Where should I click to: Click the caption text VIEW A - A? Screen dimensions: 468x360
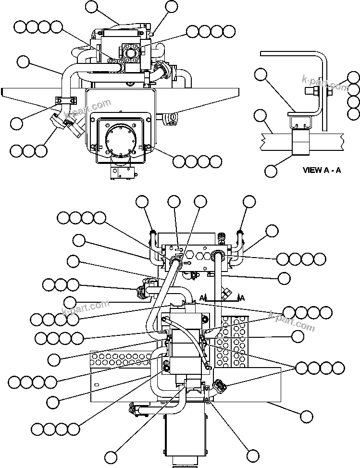click(x=321, y=170)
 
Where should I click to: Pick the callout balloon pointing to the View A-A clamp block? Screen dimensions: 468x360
click(x=271, y=170)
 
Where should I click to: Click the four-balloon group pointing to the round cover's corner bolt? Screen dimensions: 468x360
click(x=197, y=161)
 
